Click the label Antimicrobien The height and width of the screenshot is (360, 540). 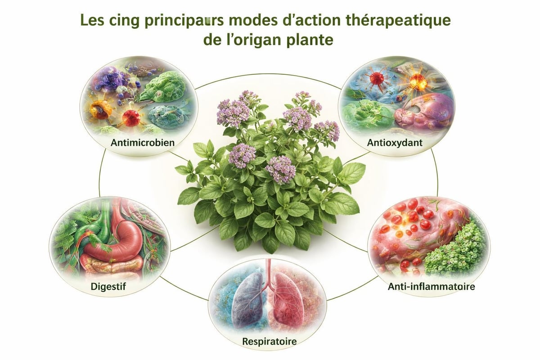click(x=143, y=143)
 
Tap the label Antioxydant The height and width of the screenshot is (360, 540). click(x=395, y=143)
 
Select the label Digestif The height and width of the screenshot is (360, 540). click(x=108, y=287)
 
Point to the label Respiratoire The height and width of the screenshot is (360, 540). click(x=270, y=341)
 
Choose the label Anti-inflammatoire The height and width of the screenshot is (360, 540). click(x=431, y=287)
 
